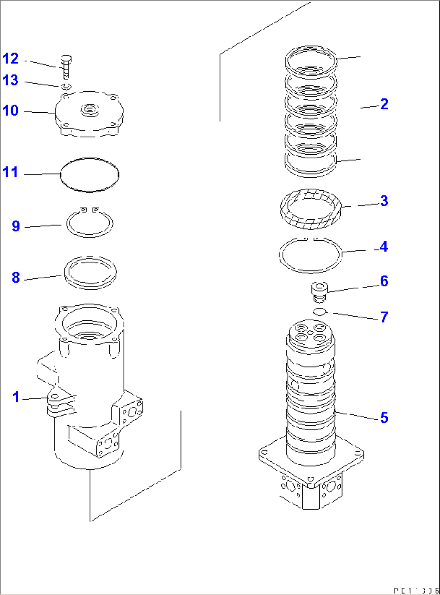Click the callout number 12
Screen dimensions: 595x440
10,59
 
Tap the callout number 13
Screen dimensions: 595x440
10,80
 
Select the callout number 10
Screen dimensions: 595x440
10,110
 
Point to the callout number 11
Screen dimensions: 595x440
10,172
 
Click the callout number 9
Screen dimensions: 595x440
16,226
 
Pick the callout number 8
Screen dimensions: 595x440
16,278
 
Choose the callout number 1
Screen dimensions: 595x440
16,397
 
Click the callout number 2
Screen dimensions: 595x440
384,104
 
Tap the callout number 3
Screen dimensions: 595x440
384,201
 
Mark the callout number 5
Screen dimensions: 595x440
384,417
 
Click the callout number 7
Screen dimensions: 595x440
384,317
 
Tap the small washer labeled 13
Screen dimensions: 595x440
67,86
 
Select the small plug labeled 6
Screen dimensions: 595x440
319,292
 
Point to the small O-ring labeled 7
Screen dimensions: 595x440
320,311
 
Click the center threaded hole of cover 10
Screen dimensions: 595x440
89,109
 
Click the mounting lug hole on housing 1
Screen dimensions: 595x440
55,396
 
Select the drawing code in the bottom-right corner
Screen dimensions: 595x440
416,591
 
